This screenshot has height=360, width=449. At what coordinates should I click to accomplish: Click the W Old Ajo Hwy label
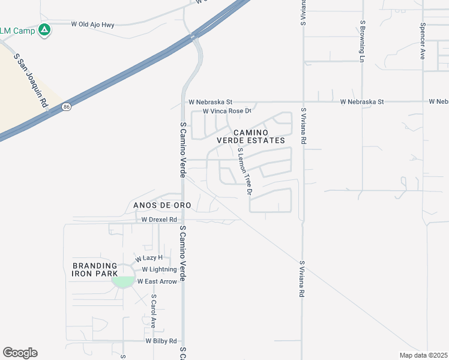coord(92,25)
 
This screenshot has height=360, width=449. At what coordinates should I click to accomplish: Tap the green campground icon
coord(44,29)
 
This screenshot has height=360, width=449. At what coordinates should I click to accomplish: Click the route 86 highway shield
coord(65,107)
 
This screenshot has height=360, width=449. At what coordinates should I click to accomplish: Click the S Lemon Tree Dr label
coord(244,171)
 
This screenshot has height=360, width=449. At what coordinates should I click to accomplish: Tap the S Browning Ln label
coord(363,41)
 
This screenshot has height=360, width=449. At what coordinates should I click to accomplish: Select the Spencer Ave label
coord(423,41)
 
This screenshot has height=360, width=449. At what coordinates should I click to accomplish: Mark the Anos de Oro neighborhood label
coord(158,205)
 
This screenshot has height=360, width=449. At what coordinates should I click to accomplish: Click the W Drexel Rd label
coord(159,220)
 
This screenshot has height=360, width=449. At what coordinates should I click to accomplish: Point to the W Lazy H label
coord(149,258)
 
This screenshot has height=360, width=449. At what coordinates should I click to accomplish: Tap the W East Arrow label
coord(157,281)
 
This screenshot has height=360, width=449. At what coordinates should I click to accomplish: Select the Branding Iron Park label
coord(94,269)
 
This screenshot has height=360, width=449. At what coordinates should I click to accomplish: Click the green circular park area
coord(124,281)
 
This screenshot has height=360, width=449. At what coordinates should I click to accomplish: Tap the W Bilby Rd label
coord(161,341)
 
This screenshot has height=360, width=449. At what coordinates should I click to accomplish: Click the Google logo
coord(20,353)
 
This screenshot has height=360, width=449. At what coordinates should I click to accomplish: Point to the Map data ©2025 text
coord(424,355)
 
